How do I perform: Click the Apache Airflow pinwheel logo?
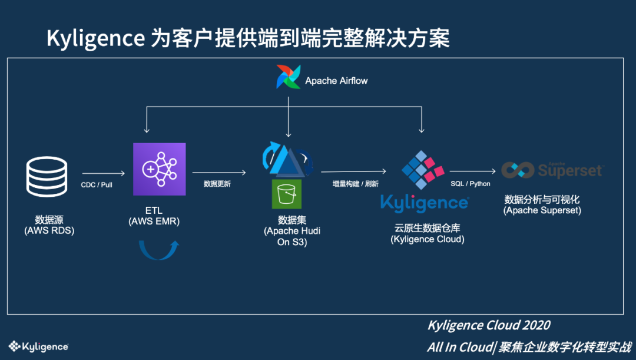[x=289, y=77]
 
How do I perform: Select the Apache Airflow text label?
[x=336, y=81]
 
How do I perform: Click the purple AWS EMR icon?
[x=159, y=169]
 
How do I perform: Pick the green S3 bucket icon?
[x=286, y=194]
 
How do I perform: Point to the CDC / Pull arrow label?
[x=97, y=184]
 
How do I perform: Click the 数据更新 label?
[x=217, y=184]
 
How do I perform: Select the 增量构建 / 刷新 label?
[x=355, y=184]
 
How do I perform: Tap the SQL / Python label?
[x=471, y=184]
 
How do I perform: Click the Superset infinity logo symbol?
[x=518, y=170]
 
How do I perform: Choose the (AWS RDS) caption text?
[x=49, y=230]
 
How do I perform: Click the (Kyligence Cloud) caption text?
[x=428, y=239]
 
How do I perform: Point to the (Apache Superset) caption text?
[x=542, y=210]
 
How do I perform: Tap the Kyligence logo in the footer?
[x=38, y=346]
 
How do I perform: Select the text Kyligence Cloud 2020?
[x=489, y=325]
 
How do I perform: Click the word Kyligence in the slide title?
[x=95, y=39]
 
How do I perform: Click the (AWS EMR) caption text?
[x=154, y=222]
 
